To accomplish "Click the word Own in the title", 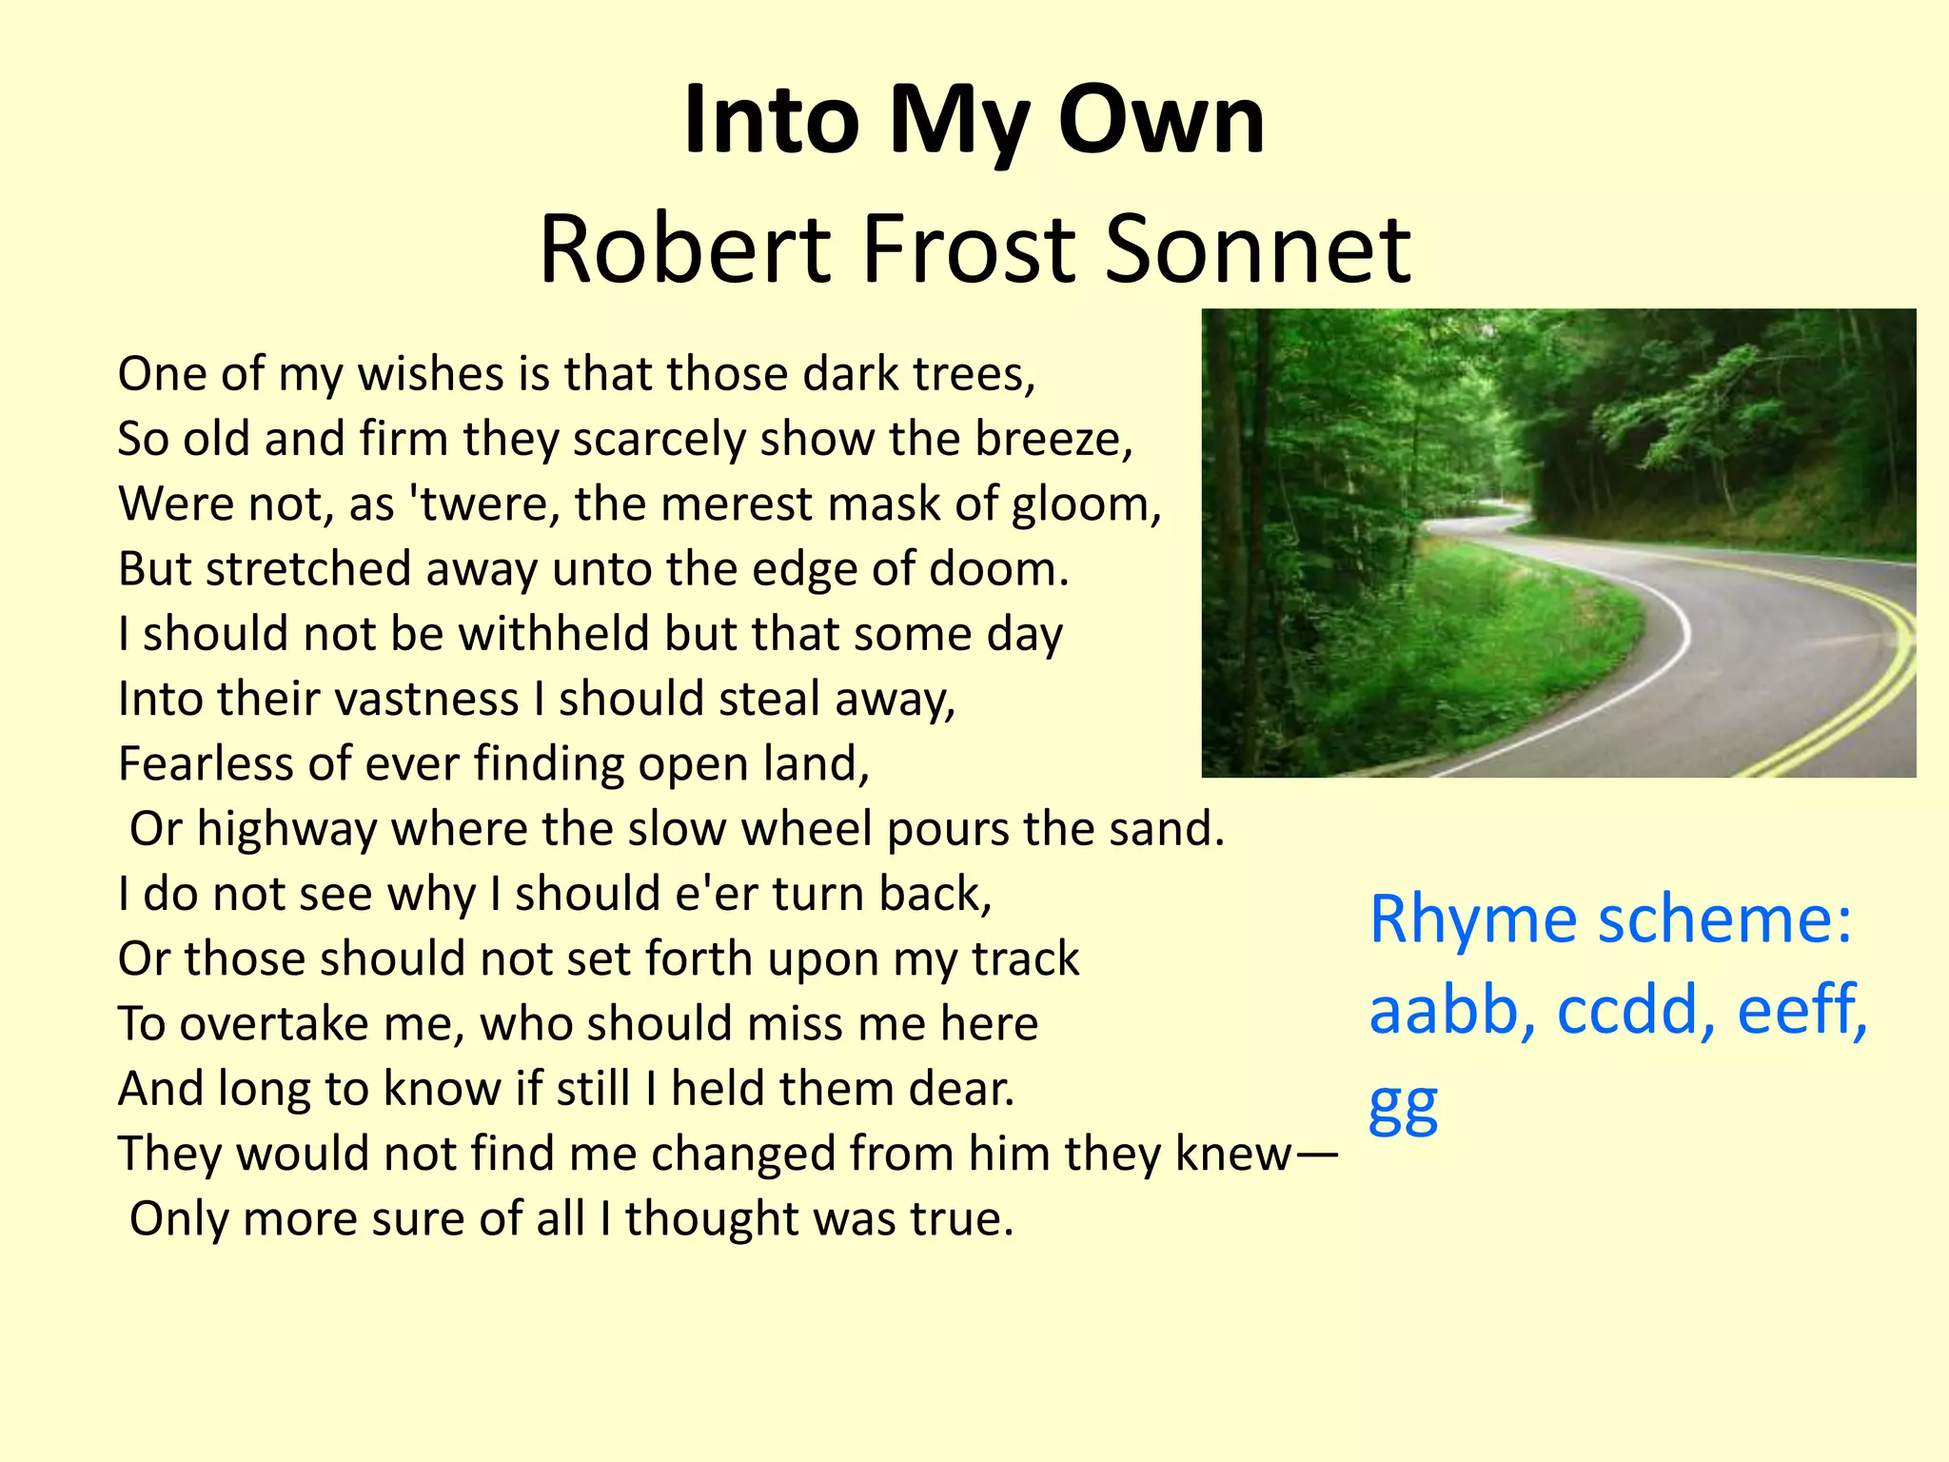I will (1161, 121).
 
